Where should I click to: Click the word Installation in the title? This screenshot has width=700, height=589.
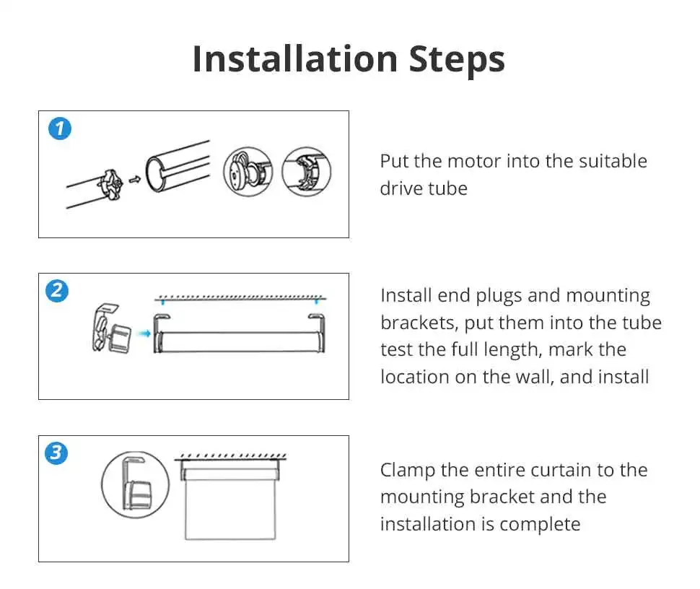coord(295,59)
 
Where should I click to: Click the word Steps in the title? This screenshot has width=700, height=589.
coord(457,61)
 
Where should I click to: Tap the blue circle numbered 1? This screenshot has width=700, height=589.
coord(60,128)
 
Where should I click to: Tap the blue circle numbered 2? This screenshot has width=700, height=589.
coord(57,291)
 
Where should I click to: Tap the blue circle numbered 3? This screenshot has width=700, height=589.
coord(56,453)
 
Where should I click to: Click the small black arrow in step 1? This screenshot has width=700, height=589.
coord(135,180)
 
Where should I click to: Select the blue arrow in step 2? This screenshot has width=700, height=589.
coord(144,333)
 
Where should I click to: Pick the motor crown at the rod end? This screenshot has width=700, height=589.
coord(110,184)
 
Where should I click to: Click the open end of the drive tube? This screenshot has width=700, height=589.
coord(156,174)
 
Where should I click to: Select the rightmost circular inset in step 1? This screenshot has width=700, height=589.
coord(306,172)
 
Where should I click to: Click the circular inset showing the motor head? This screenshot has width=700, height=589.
coord(248,172)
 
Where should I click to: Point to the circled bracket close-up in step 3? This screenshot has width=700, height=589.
coord(135,484)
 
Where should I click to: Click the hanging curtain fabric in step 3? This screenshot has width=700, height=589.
coord(230,510)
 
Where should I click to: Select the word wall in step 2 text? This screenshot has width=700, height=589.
coord(534,377)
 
